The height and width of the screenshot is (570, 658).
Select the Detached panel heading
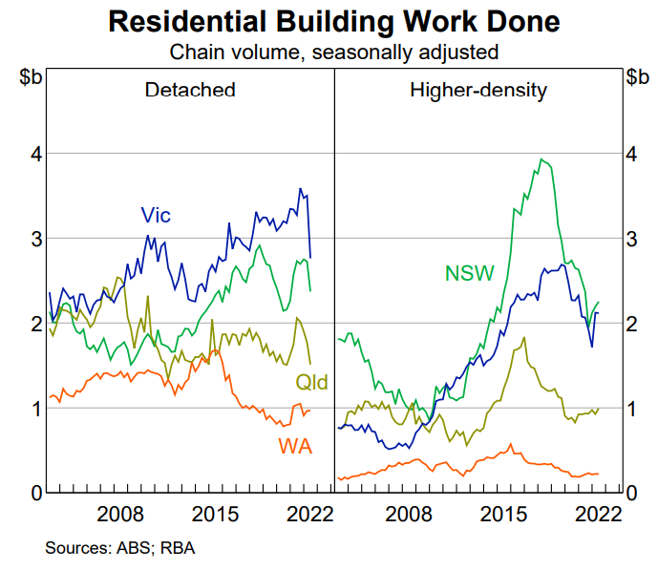click(190, 91)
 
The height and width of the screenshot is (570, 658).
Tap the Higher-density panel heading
click(478, 91)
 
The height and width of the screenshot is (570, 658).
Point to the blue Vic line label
click(156, 215)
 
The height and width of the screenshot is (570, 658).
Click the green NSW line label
click(469, 274)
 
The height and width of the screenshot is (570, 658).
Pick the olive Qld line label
click(311, 383)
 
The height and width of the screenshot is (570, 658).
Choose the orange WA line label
click(296, 445)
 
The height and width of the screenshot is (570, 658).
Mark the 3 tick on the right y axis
click(634, 239)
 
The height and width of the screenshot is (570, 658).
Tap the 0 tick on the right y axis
click(634, 494)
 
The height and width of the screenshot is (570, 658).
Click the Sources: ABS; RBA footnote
click(119, 548)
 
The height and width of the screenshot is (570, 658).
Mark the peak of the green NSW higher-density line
click(541, 159)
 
